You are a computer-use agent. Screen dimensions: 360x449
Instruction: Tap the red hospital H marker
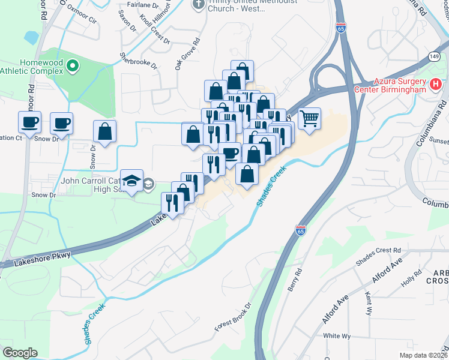(x=436, y=86)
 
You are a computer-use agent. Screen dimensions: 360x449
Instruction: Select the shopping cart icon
(x=309, y=118)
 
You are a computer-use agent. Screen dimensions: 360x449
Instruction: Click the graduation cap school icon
(x=131, y=180)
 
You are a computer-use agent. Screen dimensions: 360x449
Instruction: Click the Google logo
(x=20, y=353)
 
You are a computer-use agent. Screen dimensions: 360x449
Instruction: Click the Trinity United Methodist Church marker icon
(x=198, y=5)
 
